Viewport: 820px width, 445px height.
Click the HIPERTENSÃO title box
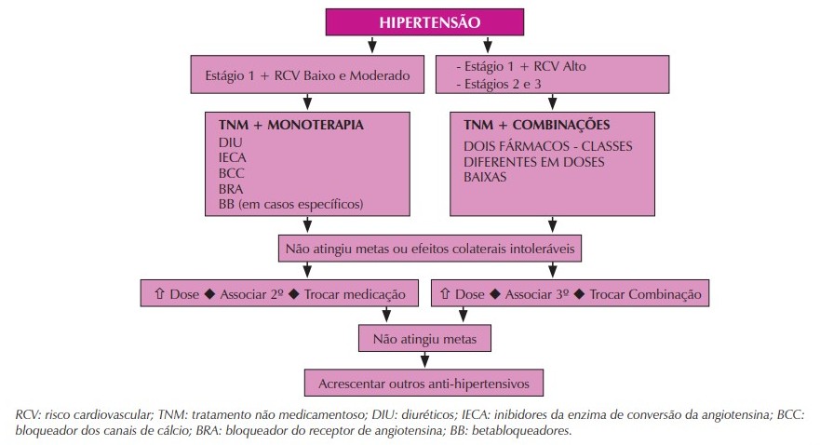point(424,22)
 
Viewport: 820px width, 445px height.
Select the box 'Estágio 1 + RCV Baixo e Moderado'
point(307,74)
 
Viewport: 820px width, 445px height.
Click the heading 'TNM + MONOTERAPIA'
point(290,125)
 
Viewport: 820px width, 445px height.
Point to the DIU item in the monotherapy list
point(231,142)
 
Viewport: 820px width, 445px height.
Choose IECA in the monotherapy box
point(232,157)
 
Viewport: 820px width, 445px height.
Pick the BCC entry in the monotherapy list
point(231,173)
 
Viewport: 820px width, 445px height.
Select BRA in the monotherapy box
point(231,189)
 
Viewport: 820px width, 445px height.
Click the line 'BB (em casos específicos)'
point(290,205)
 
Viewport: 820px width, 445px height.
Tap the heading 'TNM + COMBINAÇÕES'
point(536,125)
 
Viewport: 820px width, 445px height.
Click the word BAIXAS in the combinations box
point(485,177)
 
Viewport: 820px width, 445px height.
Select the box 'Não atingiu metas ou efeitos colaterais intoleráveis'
point(430,249)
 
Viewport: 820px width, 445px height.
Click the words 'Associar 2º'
point(251,294)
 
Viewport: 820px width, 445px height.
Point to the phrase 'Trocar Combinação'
point(645,294)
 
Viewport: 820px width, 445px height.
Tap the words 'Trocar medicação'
point(355,294)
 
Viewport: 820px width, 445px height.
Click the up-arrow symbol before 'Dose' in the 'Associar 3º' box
point(445,293)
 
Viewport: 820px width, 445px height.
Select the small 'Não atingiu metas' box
point(424,339)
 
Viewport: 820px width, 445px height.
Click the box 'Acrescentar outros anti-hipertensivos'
point(424,384)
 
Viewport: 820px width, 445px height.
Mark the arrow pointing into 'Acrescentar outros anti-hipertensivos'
point(424,360)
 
